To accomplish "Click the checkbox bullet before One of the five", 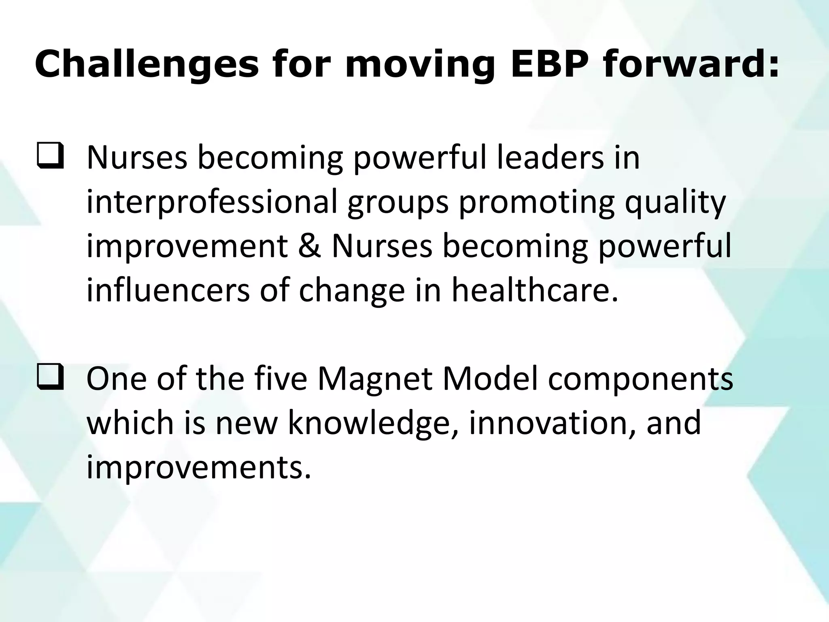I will tap(50, 380).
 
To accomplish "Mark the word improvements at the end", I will tap(199, 467).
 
